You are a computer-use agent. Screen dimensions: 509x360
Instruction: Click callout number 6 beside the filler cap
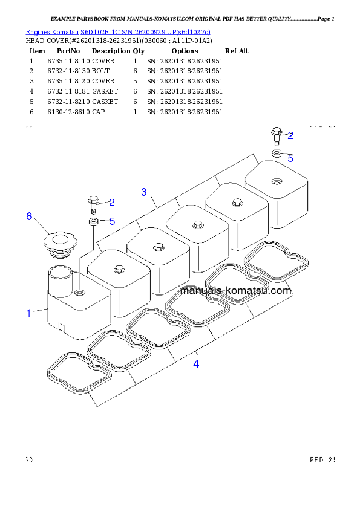click(x=28, y=216)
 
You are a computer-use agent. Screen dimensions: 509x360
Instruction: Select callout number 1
click(x=28, y=313)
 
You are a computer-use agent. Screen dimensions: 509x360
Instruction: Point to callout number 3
click(x=144, y=192)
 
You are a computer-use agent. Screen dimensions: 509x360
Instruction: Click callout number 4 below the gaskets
click(x=196, y=363)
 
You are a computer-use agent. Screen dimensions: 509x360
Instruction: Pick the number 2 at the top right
click(x=290, y=135)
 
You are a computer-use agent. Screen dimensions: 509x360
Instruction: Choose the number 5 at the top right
click(x=290, y=158)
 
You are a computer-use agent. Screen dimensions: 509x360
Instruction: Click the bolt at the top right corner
click(x=276, y=134)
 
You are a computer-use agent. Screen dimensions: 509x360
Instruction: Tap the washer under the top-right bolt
click(x=276, y=154)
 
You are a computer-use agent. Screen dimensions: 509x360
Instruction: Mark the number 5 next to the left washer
click(x=112, y=221)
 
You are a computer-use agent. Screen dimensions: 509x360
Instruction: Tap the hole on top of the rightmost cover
click(x=276, y=180)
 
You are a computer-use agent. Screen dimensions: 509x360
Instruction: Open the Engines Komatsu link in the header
click(x=118, y=31)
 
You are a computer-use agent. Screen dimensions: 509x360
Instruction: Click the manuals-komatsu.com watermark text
click(x=236, y=291)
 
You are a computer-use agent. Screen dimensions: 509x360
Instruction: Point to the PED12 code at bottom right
click(x=322, y=460)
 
